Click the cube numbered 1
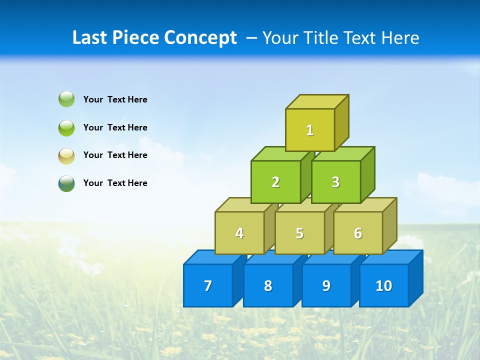click(310, 130)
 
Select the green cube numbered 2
click(275, 182)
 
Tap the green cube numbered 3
click(335, 182)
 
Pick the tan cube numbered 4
click(239, 233)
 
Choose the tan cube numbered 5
click(299, 233)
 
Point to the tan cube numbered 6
click(358, 233)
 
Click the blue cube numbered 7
click(208, 285)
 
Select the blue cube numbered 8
click(268, 285)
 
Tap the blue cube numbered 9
click(326, 285)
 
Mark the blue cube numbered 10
click(384, 285)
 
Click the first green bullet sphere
click(66, 99)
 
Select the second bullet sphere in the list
click(66, 127)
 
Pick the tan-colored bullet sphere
click(66, 155)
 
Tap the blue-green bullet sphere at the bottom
click(66, 183)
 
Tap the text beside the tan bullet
click(115, 155)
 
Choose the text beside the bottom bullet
click(115, 183)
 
